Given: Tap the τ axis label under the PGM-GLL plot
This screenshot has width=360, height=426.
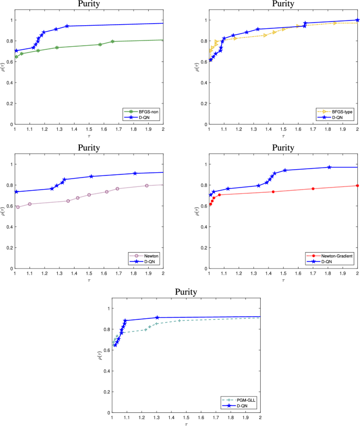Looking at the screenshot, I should (186, 423).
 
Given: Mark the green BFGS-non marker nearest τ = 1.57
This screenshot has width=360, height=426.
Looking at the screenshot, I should (100, 45).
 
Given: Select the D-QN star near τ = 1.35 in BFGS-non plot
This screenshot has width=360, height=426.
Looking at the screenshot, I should (67, 26).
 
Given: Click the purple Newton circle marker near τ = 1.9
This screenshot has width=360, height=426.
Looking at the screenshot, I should (147, 185).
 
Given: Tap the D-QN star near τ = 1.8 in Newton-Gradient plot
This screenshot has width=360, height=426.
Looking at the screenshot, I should (329, 167).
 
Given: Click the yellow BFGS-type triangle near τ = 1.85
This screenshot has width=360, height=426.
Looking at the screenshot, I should (335, 23).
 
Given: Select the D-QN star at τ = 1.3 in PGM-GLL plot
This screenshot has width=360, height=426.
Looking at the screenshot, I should (157, 317).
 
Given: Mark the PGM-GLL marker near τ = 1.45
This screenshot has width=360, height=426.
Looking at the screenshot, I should (179, 320).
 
